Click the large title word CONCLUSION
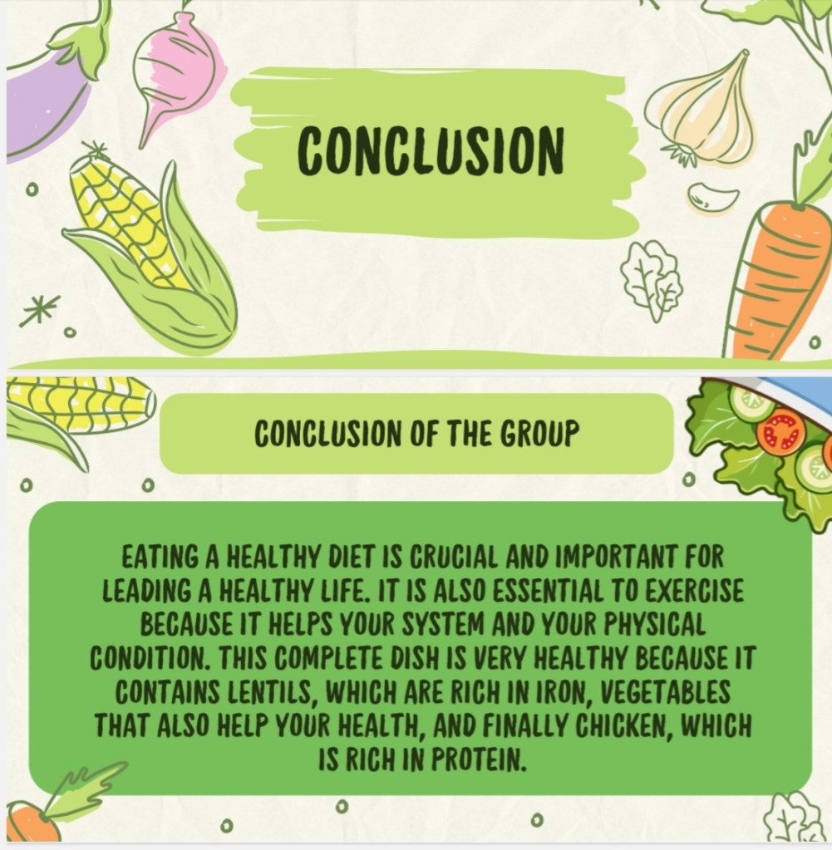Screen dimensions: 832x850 tap(431, 150)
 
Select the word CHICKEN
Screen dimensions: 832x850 tap(623, 726)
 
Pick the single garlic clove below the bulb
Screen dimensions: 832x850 tap(711, 197)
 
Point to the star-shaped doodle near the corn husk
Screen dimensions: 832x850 tap(40, 310)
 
